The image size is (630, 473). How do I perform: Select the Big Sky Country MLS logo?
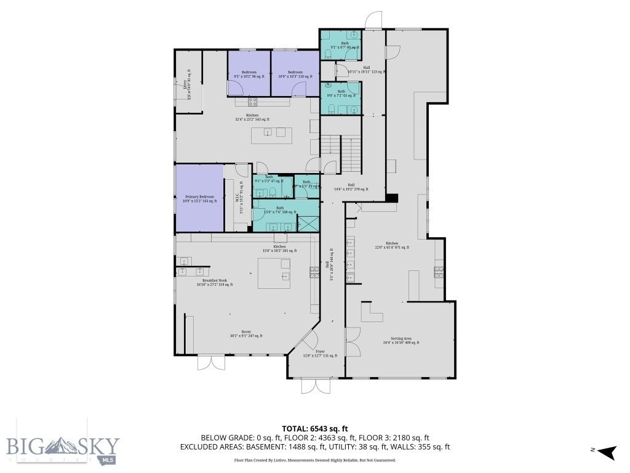tap(62, 447)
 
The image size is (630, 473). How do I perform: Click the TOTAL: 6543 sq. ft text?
tap(314, 429)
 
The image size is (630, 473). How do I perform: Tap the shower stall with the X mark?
tap(307, 223)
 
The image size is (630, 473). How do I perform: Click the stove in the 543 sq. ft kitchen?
tap(252, 100)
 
